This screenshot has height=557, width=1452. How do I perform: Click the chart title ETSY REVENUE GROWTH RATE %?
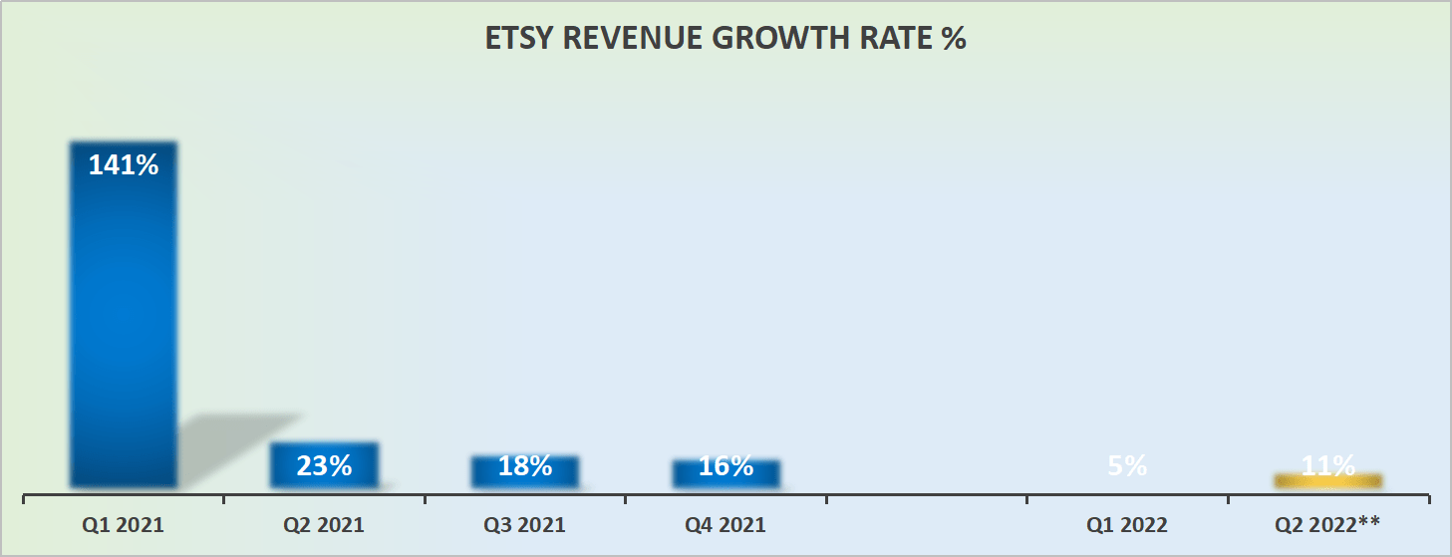click(x=726, y=39)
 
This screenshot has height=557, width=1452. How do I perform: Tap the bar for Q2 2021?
click(x=324, y=466)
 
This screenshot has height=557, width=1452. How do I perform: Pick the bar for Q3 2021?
click(x=525, y=473)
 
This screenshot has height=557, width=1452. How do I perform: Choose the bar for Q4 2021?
click(x=726, y=475)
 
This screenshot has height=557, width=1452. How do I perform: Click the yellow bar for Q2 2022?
click(x=1328, y=481)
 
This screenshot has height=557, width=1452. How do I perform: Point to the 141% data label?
click(x=124, y=165)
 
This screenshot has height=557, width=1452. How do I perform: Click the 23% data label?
click(x=324, y=465)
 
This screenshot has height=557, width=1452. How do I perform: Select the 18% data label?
click(x=525, y=465)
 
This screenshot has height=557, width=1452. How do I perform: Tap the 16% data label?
click(x=726, y=465)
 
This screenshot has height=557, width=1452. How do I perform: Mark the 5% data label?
click(x=1127, y=465)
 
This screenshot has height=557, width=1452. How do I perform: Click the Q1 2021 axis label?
click(x=124, y=525)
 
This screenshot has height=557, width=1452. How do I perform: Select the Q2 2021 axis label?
click(x=324, y=525)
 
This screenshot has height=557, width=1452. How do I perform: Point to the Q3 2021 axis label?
click(x=525, y=525)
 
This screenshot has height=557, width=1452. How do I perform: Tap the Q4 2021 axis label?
click(x=726, y=525)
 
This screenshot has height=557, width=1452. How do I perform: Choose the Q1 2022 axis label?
click(x=1127, y=525)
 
